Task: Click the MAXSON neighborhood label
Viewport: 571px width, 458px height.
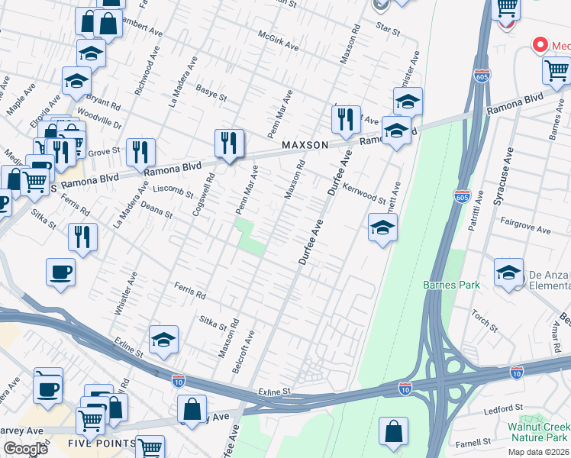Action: point(305,145)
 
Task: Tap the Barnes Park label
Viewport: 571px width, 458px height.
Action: point(451,285)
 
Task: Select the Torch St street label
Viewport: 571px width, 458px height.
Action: point(485,322)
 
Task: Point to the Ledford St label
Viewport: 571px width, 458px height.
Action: point(503,409)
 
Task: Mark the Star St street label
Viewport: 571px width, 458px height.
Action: point(388,30)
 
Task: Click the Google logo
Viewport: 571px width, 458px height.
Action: point(25,449)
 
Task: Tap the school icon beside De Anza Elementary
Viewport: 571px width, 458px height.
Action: point(509,273)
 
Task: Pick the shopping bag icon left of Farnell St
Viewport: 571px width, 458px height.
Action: point(394,431)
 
